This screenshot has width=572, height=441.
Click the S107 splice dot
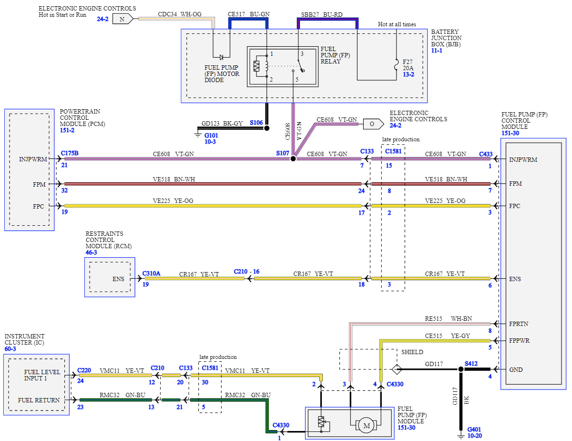click(293, 158)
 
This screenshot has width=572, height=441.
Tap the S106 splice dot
click(266, 128)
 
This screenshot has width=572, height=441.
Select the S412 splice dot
click(461, 369)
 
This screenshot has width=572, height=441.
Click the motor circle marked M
click(367, 425)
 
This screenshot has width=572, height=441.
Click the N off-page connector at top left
click(123, 19)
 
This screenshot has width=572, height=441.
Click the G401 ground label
click(475, 430)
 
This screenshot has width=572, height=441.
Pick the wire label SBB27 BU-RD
click(322, 14)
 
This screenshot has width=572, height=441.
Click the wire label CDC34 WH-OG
click(180, 14)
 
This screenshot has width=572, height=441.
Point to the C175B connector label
click(70, 153)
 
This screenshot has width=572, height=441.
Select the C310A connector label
click(152, 274)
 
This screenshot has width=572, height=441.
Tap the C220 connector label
click(84, 370)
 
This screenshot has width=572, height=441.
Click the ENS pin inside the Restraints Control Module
click(118, 279)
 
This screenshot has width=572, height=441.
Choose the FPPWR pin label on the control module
click(519, 341)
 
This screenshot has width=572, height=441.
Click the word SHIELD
click(412, 352)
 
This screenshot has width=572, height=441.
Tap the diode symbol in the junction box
click(222, 57)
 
